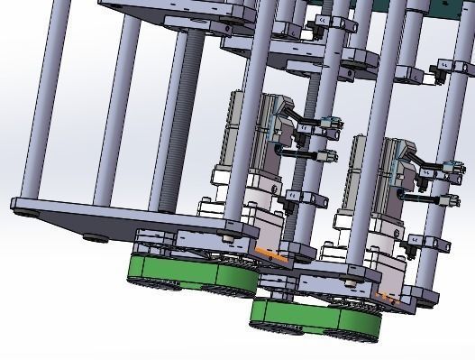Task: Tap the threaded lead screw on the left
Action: (x=186, y=117)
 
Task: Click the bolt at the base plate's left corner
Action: (x=25, y=214)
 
